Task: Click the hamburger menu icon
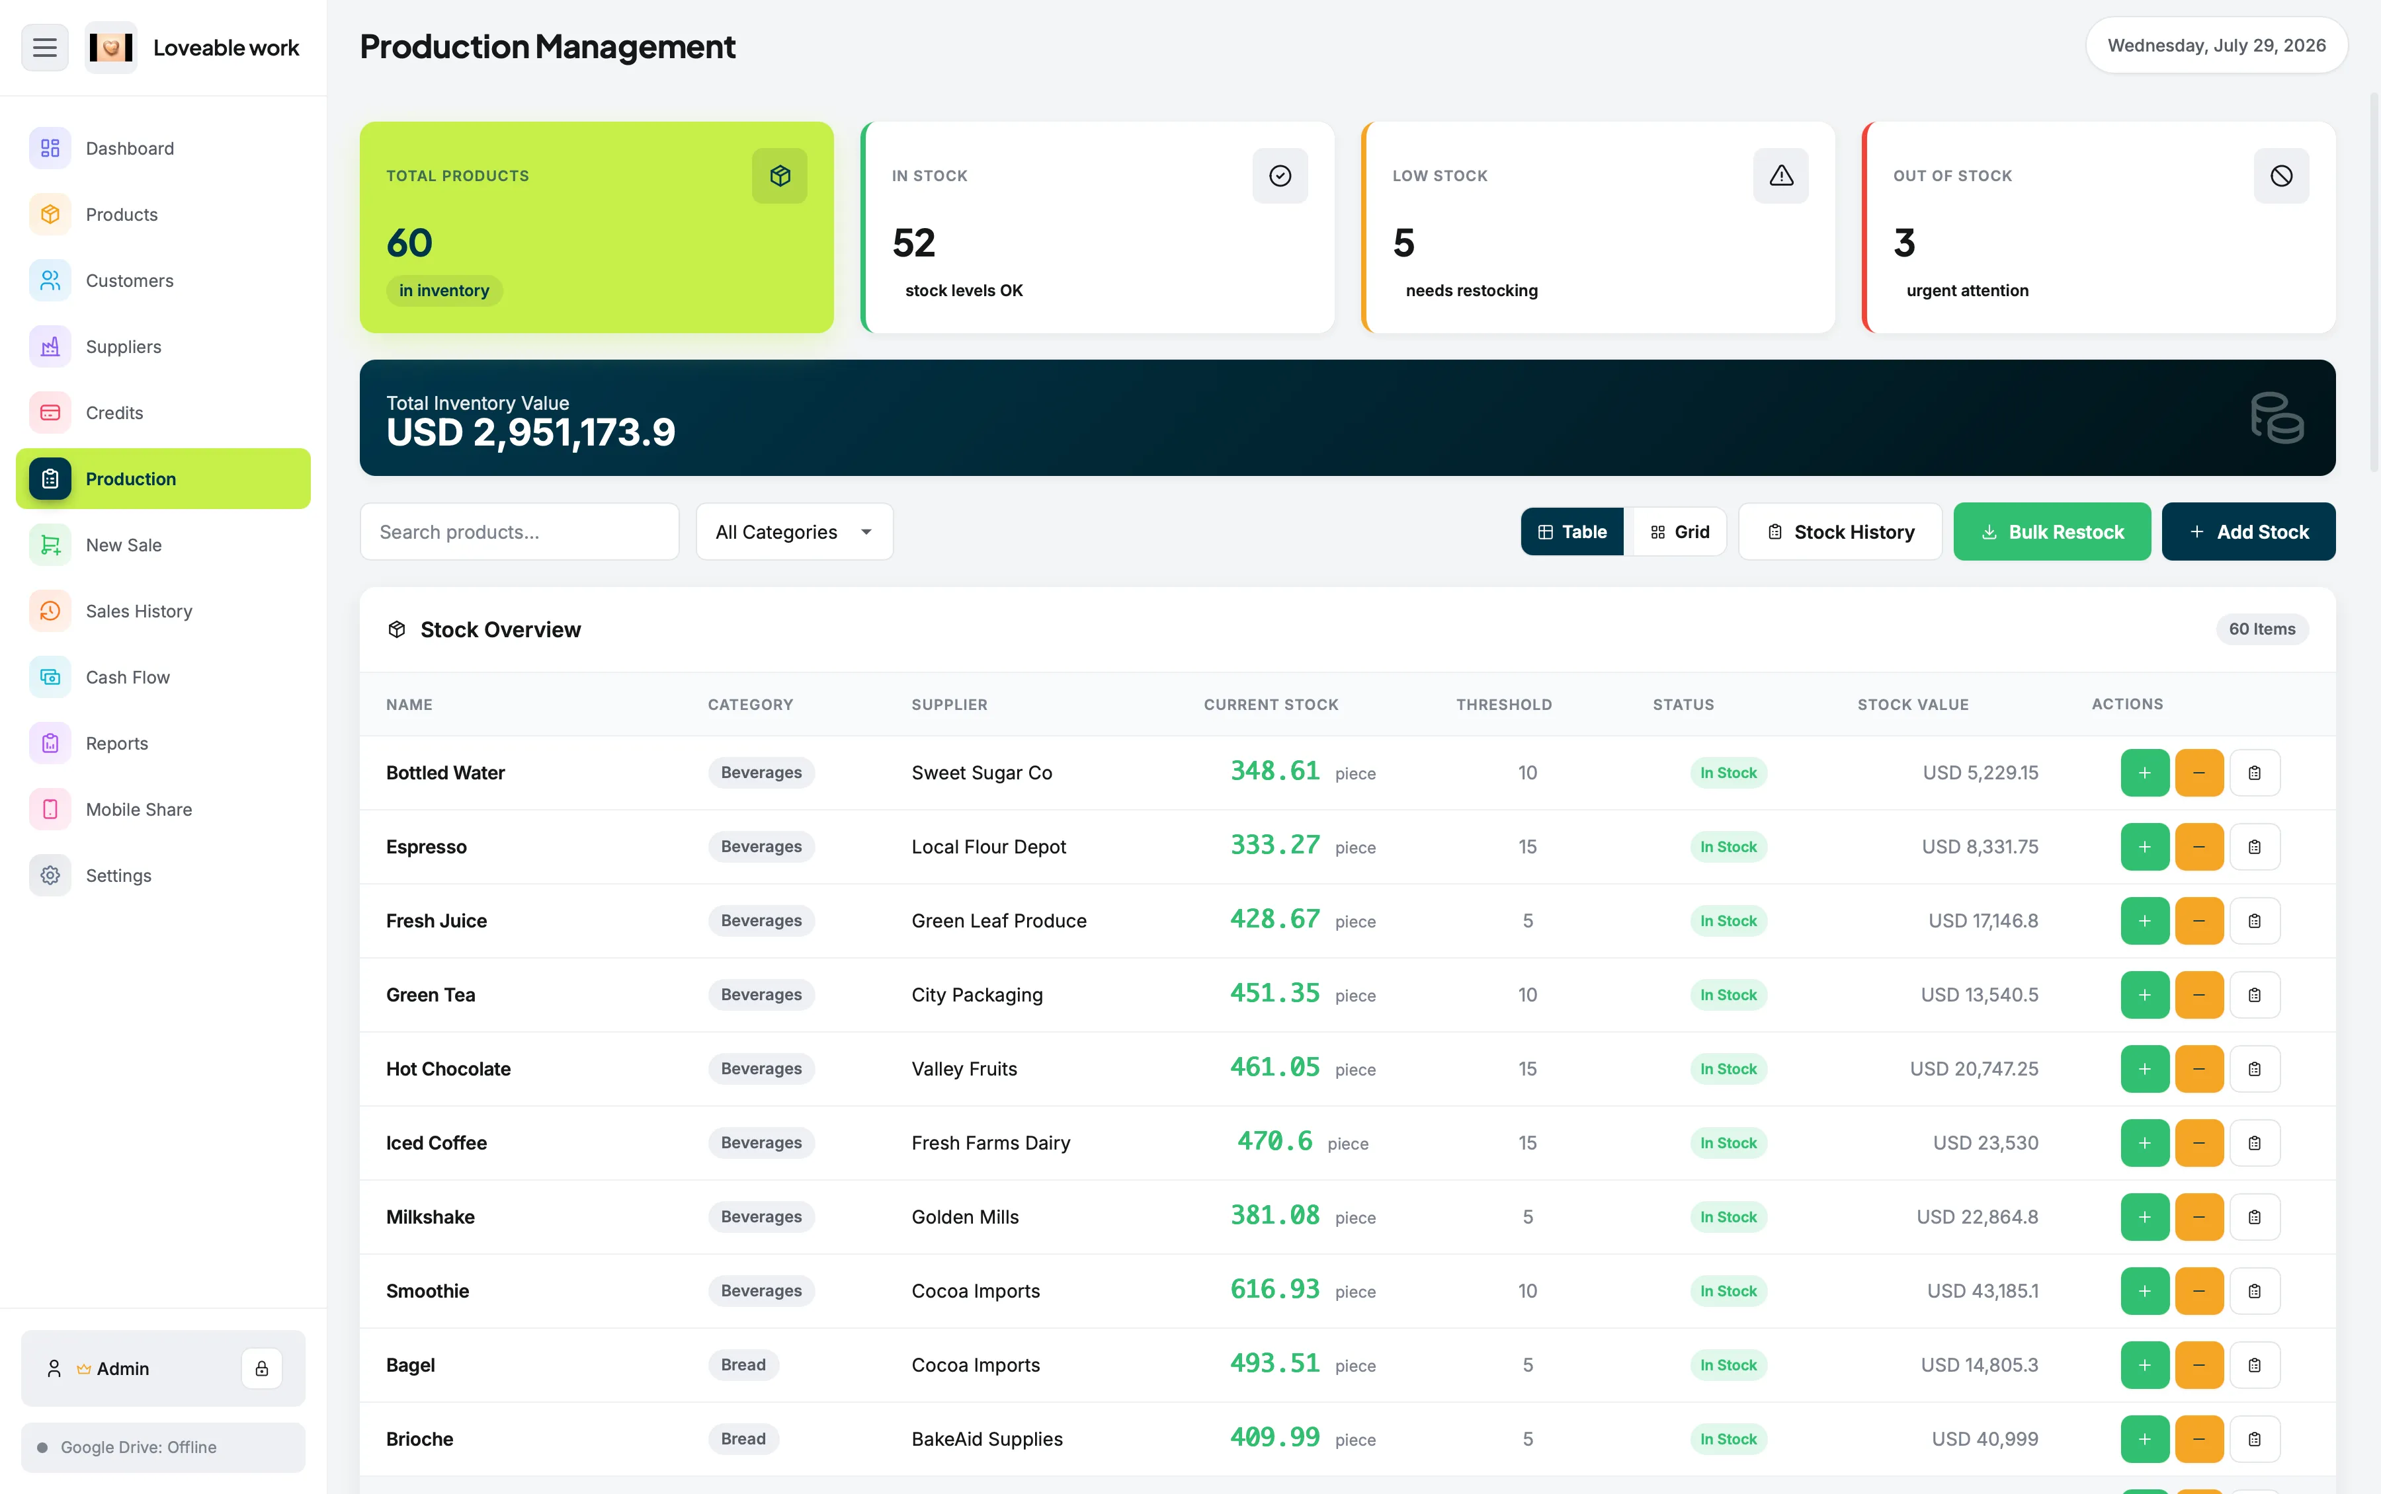(x=44, y=48)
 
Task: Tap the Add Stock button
(x=2249, y=531)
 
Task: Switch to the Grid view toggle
(x=1679, y=531)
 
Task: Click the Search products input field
(x=520, y=531)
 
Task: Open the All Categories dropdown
(x=794, y=531)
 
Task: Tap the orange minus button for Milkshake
(x=2199, y=1217)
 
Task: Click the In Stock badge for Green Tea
(x=1728, y=995)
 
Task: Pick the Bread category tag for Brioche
(x=743, y=1438)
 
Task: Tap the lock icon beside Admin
(x=262, y=1368)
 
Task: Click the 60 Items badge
(x=2261, y=629)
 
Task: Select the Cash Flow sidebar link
(x=128, y=677)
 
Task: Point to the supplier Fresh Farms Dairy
(x=990, y=1143)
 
